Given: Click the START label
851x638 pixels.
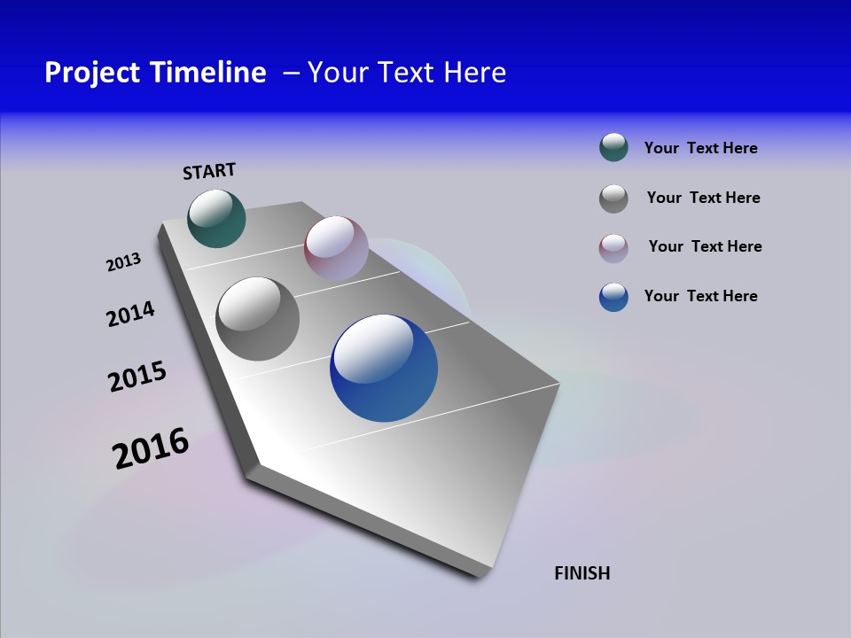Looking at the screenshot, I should point(209,171).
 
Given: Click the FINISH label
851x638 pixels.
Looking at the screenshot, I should point(582,573).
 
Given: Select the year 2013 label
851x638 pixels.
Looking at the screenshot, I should point(123,262).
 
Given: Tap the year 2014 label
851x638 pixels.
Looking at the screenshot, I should point(130,314).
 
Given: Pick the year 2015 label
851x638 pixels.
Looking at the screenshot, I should point(137,377).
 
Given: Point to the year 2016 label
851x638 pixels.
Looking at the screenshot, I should point(151,448).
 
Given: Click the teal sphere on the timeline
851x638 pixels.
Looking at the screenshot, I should point(216,218).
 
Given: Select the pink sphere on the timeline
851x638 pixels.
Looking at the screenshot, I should point(336,247).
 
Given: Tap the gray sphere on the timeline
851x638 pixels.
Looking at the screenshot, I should point(257,319).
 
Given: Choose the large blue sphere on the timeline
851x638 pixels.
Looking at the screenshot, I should point(384,368).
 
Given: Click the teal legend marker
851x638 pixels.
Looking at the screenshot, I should point(613,148).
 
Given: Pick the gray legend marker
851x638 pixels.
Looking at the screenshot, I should point(613,198).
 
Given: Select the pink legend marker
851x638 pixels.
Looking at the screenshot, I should point(613,248).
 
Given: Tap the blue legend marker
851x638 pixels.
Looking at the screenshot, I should point(613,297).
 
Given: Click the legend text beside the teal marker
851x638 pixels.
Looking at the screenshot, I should point(700,148).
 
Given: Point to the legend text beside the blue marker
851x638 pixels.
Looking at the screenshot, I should point(700,296).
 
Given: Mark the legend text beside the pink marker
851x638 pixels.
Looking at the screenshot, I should point(705,246).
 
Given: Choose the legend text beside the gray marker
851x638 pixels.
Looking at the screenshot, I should point(703,198).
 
